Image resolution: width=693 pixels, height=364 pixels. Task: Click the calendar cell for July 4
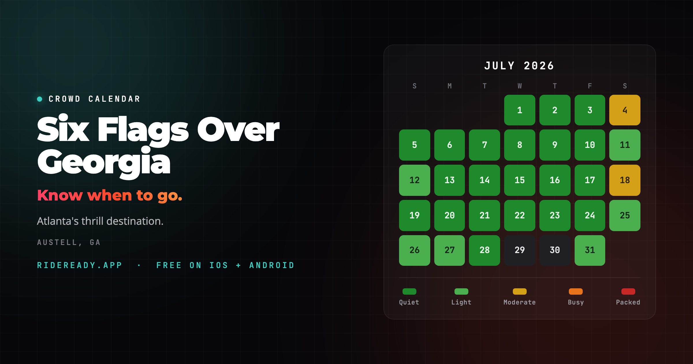click(x=625, y=110)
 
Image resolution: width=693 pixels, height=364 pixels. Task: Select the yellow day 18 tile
click(x=625, y=180)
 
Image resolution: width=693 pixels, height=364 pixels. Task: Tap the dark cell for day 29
click(x=520, y=250)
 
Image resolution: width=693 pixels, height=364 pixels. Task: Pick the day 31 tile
click(x=590, y=250)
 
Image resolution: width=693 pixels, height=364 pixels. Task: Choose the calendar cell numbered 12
click(x=415, y=180)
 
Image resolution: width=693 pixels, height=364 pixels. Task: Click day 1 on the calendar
click(x=520, y=110)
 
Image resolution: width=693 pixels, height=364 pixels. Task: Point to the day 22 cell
click(x=520, y=216)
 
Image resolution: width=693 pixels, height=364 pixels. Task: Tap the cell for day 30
click(x=555, y=250)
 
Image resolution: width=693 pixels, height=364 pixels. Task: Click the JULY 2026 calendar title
click(x=519, y=66)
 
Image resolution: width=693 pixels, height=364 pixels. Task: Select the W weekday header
click(x=520, y=86)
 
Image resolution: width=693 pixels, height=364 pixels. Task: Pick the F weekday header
click(x=590, y=86)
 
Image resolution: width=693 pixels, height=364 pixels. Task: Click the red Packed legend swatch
click(x=628, y=291)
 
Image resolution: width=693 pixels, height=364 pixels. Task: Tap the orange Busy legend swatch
click(x=576, y=291)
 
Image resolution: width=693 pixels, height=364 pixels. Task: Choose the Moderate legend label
click(x=519, y=302)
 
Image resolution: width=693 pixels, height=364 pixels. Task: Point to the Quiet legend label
click(x=409, y=302)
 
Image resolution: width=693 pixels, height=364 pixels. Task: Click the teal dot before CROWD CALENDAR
click(x=40, y=99)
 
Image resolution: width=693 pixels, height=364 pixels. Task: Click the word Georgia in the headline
click(x=104, y=162)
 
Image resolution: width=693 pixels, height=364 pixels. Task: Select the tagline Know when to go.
click(x=110, y=196)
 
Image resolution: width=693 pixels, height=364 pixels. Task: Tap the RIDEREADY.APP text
click(x=80, y=265)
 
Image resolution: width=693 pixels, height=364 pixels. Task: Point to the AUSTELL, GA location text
click(x=69, y=242)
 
